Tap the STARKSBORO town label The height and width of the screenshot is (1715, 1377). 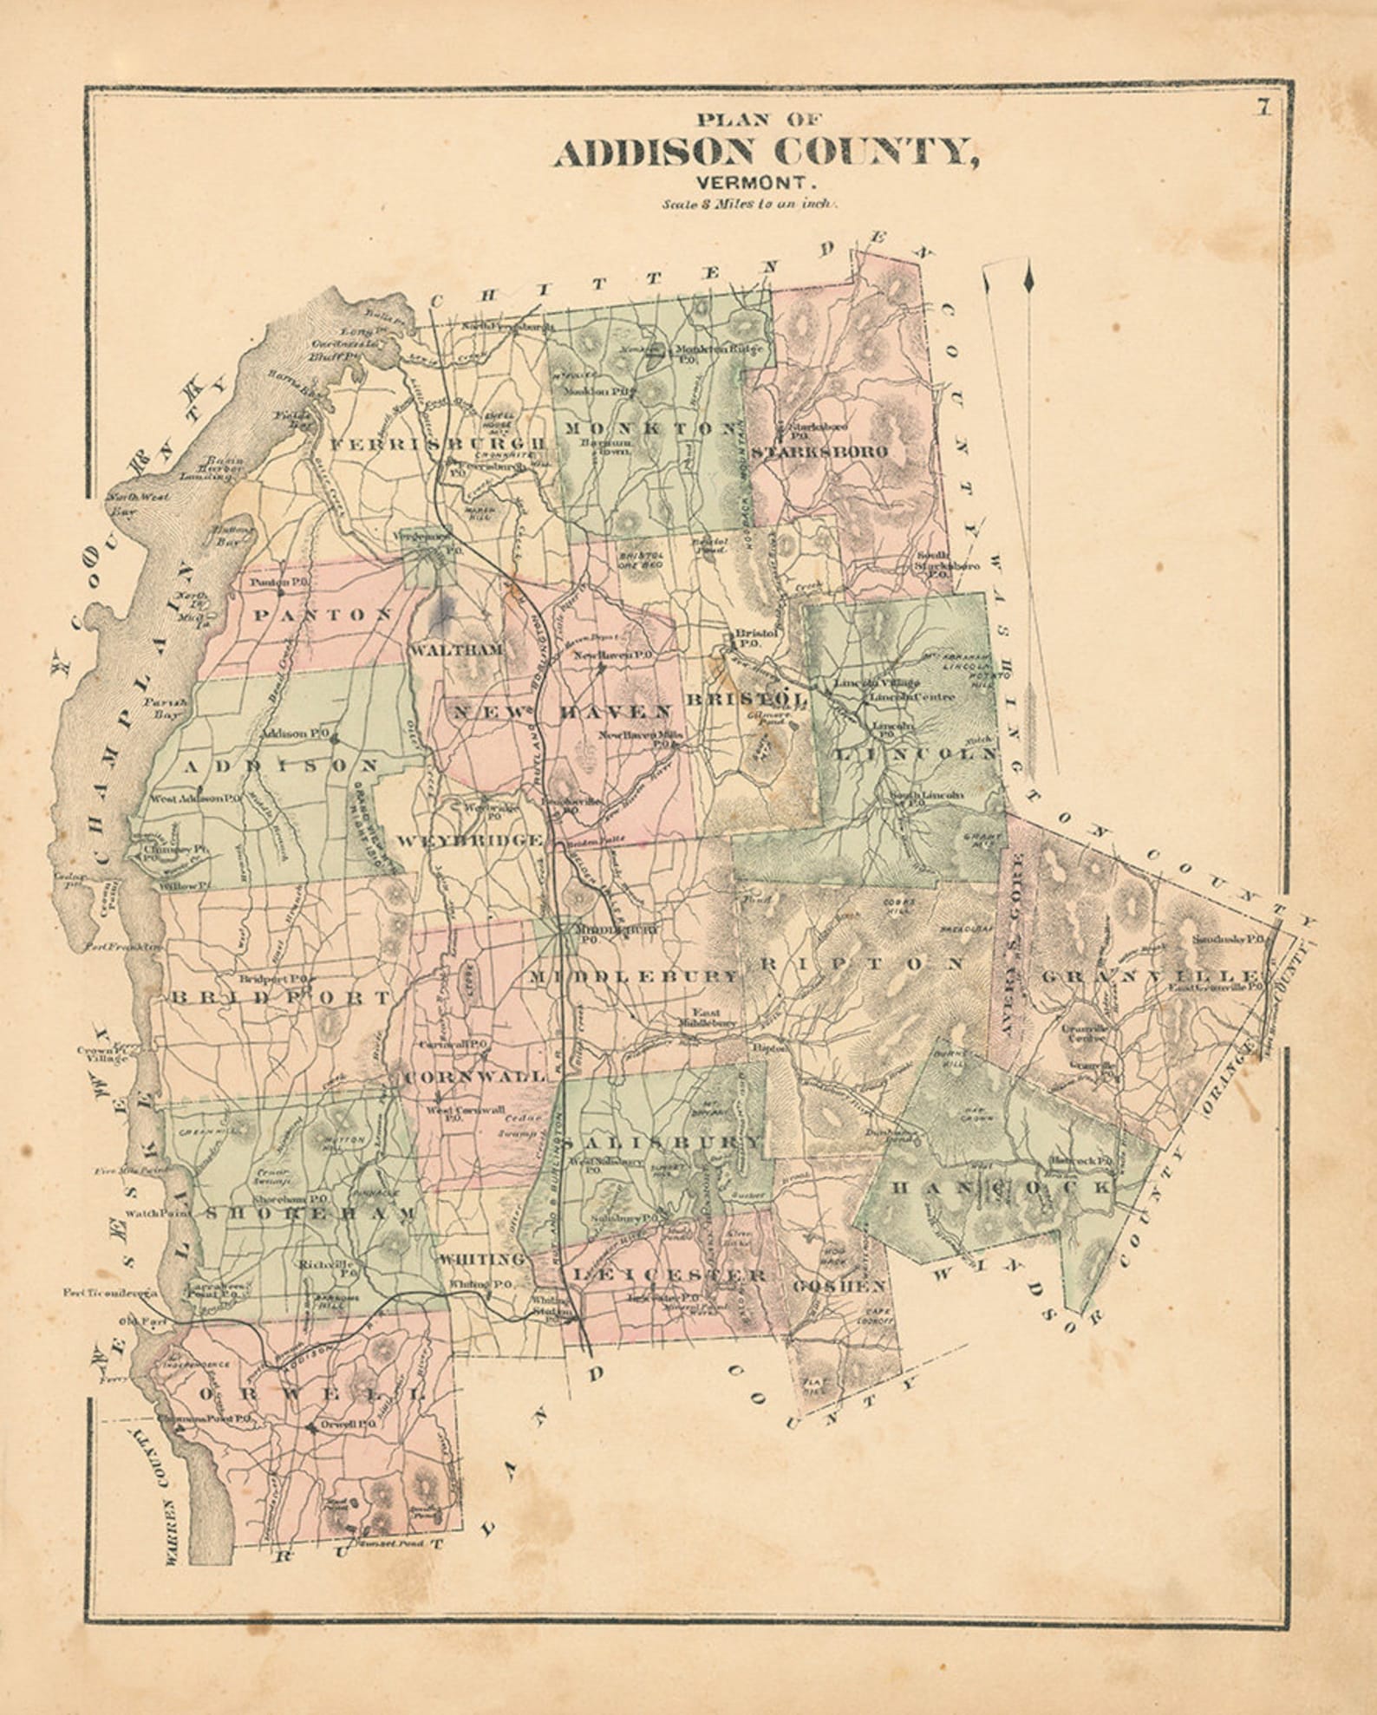819,452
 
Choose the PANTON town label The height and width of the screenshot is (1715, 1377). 323,614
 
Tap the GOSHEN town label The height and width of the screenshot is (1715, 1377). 839,1285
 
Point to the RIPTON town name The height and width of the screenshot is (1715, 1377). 862,962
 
